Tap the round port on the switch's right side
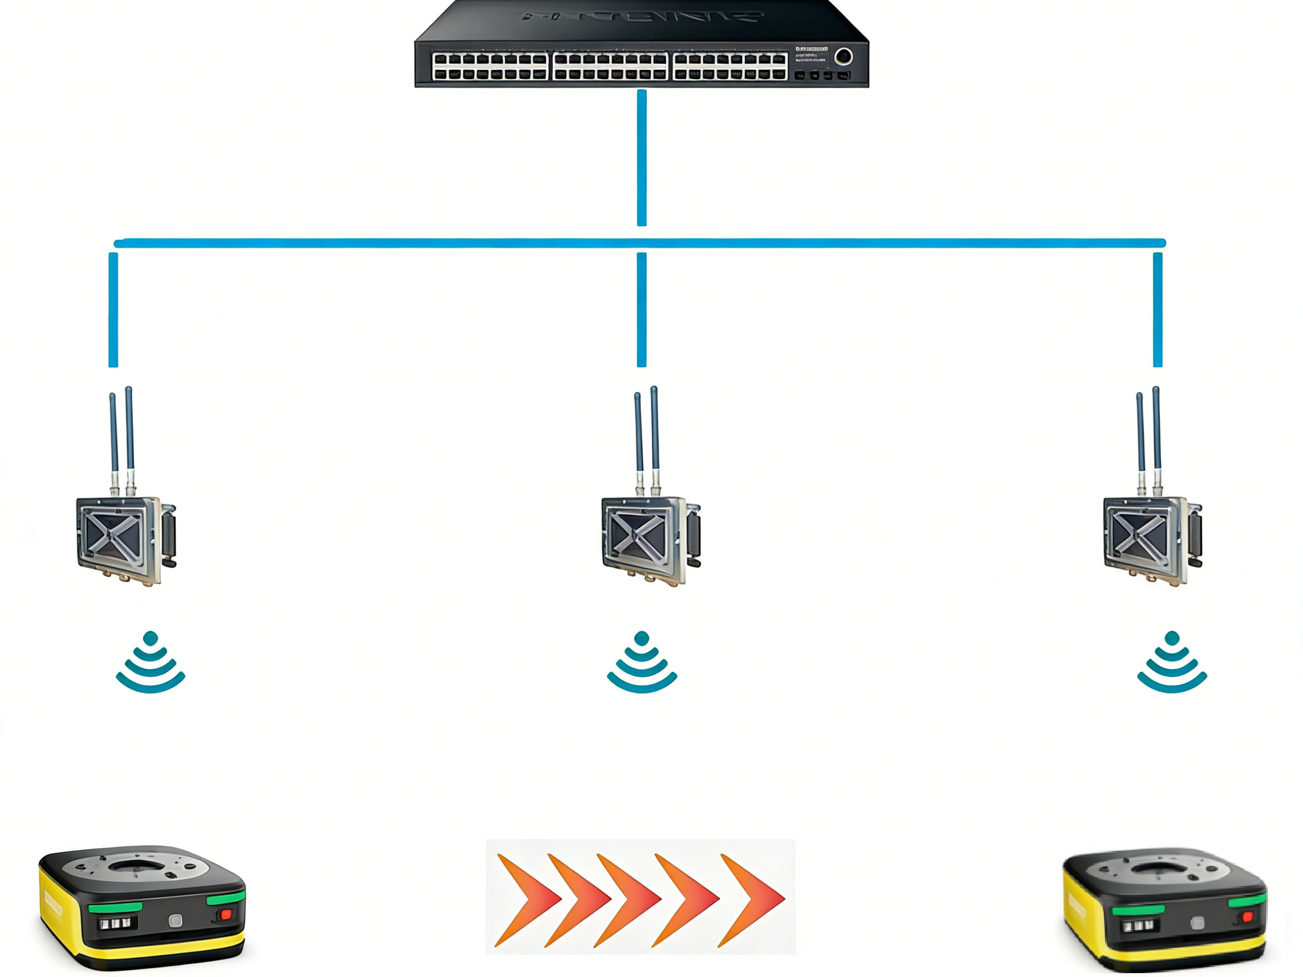click(843, 57)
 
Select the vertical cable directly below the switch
click(642, 158)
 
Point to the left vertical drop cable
click(113, 310)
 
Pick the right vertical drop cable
click(1157, 310)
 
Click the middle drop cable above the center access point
click(642, 310)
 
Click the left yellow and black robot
click(141, 907)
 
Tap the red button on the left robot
click(225, 914)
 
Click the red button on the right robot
click(1247, 917)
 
